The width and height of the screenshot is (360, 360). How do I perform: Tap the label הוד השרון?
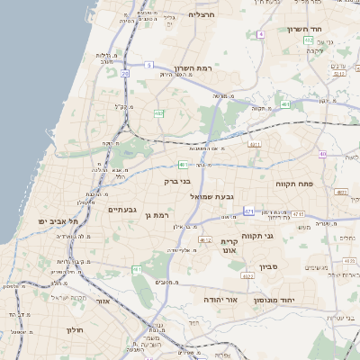(304, 29)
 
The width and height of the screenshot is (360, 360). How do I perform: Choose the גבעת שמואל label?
(213, 195)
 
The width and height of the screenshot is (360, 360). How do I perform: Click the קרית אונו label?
(229, 247)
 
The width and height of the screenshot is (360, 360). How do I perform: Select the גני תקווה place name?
(282, 235)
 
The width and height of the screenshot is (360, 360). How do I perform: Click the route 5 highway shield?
(148, 65)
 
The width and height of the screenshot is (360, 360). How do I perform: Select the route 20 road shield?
(124, 74)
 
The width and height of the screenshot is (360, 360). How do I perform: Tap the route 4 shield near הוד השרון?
(260, 33)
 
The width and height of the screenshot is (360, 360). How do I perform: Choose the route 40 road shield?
(322, 153)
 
